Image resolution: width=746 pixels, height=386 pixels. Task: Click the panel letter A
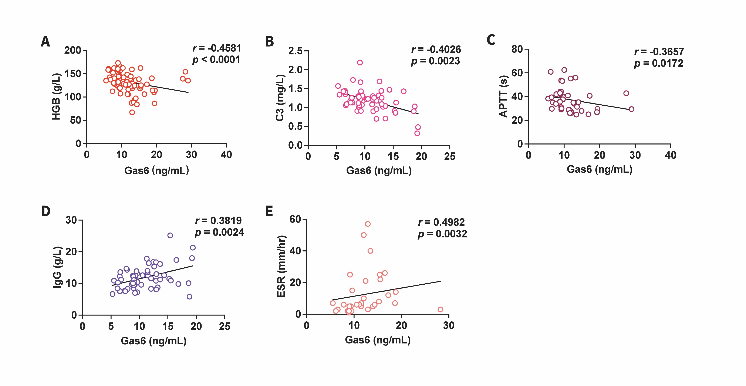pos(45,41)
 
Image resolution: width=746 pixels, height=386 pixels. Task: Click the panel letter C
pos(491,40)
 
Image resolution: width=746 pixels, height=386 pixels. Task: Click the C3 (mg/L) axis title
pos(280,98)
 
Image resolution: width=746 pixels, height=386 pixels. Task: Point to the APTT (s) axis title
pos(504,96)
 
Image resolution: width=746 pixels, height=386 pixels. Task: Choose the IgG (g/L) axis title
pos(57,267)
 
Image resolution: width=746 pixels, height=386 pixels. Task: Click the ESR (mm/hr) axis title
pos(281,266)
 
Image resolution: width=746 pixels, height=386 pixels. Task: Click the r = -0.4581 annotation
pos(217,48)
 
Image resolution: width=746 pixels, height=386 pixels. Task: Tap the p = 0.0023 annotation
pos(435,61)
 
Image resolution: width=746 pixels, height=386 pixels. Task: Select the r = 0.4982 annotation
pos(441,222)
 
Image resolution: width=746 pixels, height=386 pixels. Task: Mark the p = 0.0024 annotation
pos(219,232)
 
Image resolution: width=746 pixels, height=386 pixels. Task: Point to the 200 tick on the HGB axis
pos(72,50)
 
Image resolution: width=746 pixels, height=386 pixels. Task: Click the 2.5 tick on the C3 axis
pos(295,51)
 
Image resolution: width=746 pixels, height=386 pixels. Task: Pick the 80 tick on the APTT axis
pos(517,49)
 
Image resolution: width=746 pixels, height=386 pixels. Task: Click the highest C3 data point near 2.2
pos(360,62)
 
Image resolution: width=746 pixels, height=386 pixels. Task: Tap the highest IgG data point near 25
pos(170,236)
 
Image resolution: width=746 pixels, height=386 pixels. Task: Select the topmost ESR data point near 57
pos(368,224)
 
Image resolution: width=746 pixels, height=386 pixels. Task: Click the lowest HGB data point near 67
pos(132,112)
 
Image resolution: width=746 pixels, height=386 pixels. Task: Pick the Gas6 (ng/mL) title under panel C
pos(600,169)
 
